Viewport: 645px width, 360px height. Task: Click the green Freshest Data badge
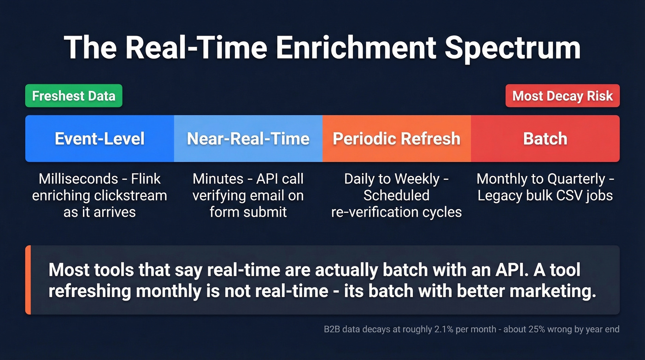(74, 96)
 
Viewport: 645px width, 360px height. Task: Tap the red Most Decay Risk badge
(562, 96)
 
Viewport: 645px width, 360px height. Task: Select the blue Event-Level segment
(100, 139)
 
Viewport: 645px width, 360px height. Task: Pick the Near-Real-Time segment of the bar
(248, 139)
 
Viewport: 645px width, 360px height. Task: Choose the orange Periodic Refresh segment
(396, 139)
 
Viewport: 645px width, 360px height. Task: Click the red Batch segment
(545, 139)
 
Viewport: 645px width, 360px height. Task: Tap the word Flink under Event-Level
(145, 179)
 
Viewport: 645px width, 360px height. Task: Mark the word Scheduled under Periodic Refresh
(396, 195)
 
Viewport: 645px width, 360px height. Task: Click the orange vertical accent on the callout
(28, 280)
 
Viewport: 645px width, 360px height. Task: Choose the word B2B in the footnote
(331, 330)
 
